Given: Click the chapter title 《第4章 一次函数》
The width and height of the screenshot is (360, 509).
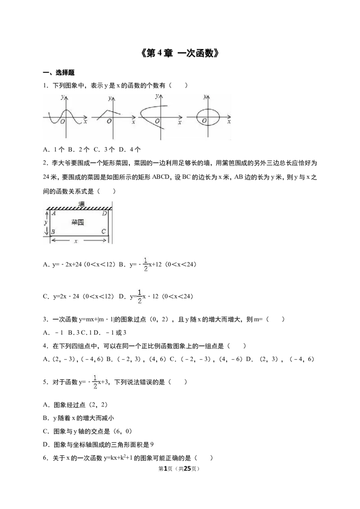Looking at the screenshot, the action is pyautogui.click(x=180, y=53).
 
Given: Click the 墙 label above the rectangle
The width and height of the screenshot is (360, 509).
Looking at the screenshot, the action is pyautogui.click(x=81, y=204).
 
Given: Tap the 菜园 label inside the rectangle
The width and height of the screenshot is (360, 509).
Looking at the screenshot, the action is pyautogui.click(x=77, y=223).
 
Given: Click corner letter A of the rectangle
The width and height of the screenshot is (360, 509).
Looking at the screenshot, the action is pyautogui.click(x=54, y=213).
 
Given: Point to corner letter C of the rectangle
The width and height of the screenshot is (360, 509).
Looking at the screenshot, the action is pyautogui.click(x=103, y=232).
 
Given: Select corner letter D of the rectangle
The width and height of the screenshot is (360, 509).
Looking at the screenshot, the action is pyautogui.click(x=104, y=213).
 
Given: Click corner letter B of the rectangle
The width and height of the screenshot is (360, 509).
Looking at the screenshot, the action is pyautogui.click(x=53, y=232).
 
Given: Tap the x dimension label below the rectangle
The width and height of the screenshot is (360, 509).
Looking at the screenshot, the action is pyautogui.click(x=76, y=241).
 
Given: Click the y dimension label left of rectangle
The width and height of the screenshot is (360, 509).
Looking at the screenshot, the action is pyautogui.click(x=46, y=223).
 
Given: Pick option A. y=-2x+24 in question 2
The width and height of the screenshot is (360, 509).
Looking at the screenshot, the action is pyautogui.click(x=79, y=264).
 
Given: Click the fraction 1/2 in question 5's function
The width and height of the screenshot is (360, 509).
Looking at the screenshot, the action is pyautogui.click(x=95, y=382).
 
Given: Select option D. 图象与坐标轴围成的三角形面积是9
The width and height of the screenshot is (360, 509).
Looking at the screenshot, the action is pyautogui.click(x=98, y=445).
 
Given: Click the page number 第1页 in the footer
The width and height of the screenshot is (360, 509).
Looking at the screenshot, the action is pyautogui.click(x=166, y=469).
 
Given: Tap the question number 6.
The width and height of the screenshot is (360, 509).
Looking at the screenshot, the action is pyautogui.click(x=45, y=458).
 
